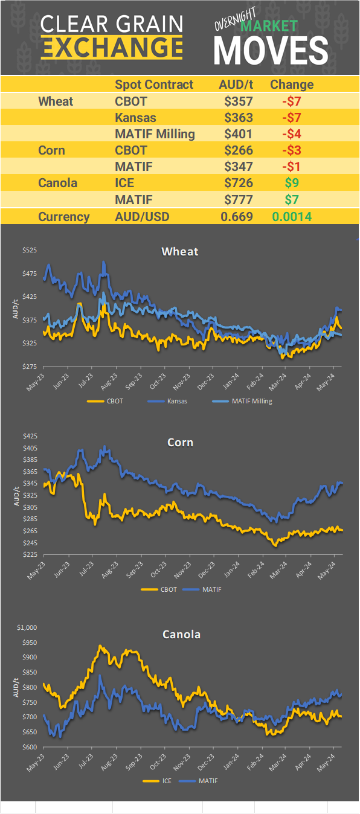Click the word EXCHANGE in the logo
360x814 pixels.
point(112,46)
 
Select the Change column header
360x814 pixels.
point(292,85)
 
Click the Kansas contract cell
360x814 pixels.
point(135,117)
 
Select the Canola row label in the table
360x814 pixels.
point(58,182)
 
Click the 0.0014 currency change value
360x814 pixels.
point(292,217)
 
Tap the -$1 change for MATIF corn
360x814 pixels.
point(292,166)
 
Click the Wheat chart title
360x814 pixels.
point(179,251)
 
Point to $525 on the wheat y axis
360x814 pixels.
point(29,251)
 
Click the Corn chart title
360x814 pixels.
point(179,443)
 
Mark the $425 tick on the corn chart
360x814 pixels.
point(29,436)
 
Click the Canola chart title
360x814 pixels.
point(181,634)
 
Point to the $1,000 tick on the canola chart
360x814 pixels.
point(27,627)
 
